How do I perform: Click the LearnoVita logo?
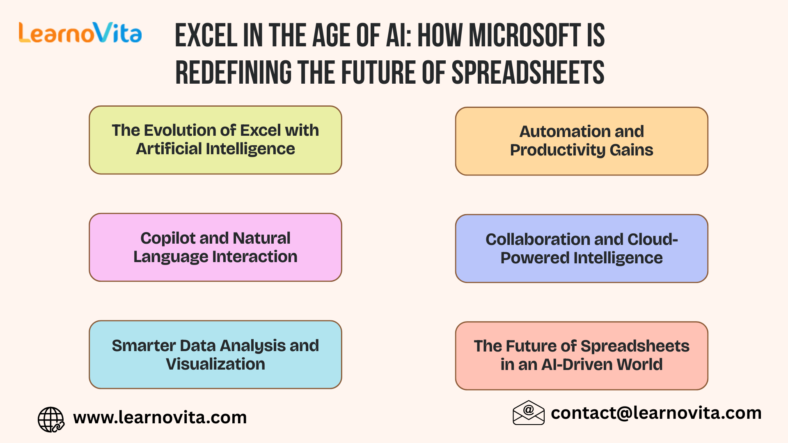(80, 33)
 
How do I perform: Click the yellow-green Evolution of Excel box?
(215, 140)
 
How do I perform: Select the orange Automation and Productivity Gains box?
(581, 141)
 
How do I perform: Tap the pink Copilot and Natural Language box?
(215, 247)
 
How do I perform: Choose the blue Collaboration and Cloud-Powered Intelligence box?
(581, 249)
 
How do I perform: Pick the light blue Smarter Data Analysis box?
(215, 355)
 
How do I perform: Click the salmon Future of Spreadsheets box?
(581, 356)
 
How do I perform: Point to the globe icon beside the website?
(51, 419)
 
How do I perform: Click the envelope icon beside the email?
(528, 413)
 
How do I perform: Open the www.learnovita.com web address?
(160, 418)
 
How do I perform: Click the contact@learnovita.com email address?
(656, 413)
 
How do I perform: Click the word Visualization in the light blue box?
(215, 364)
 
